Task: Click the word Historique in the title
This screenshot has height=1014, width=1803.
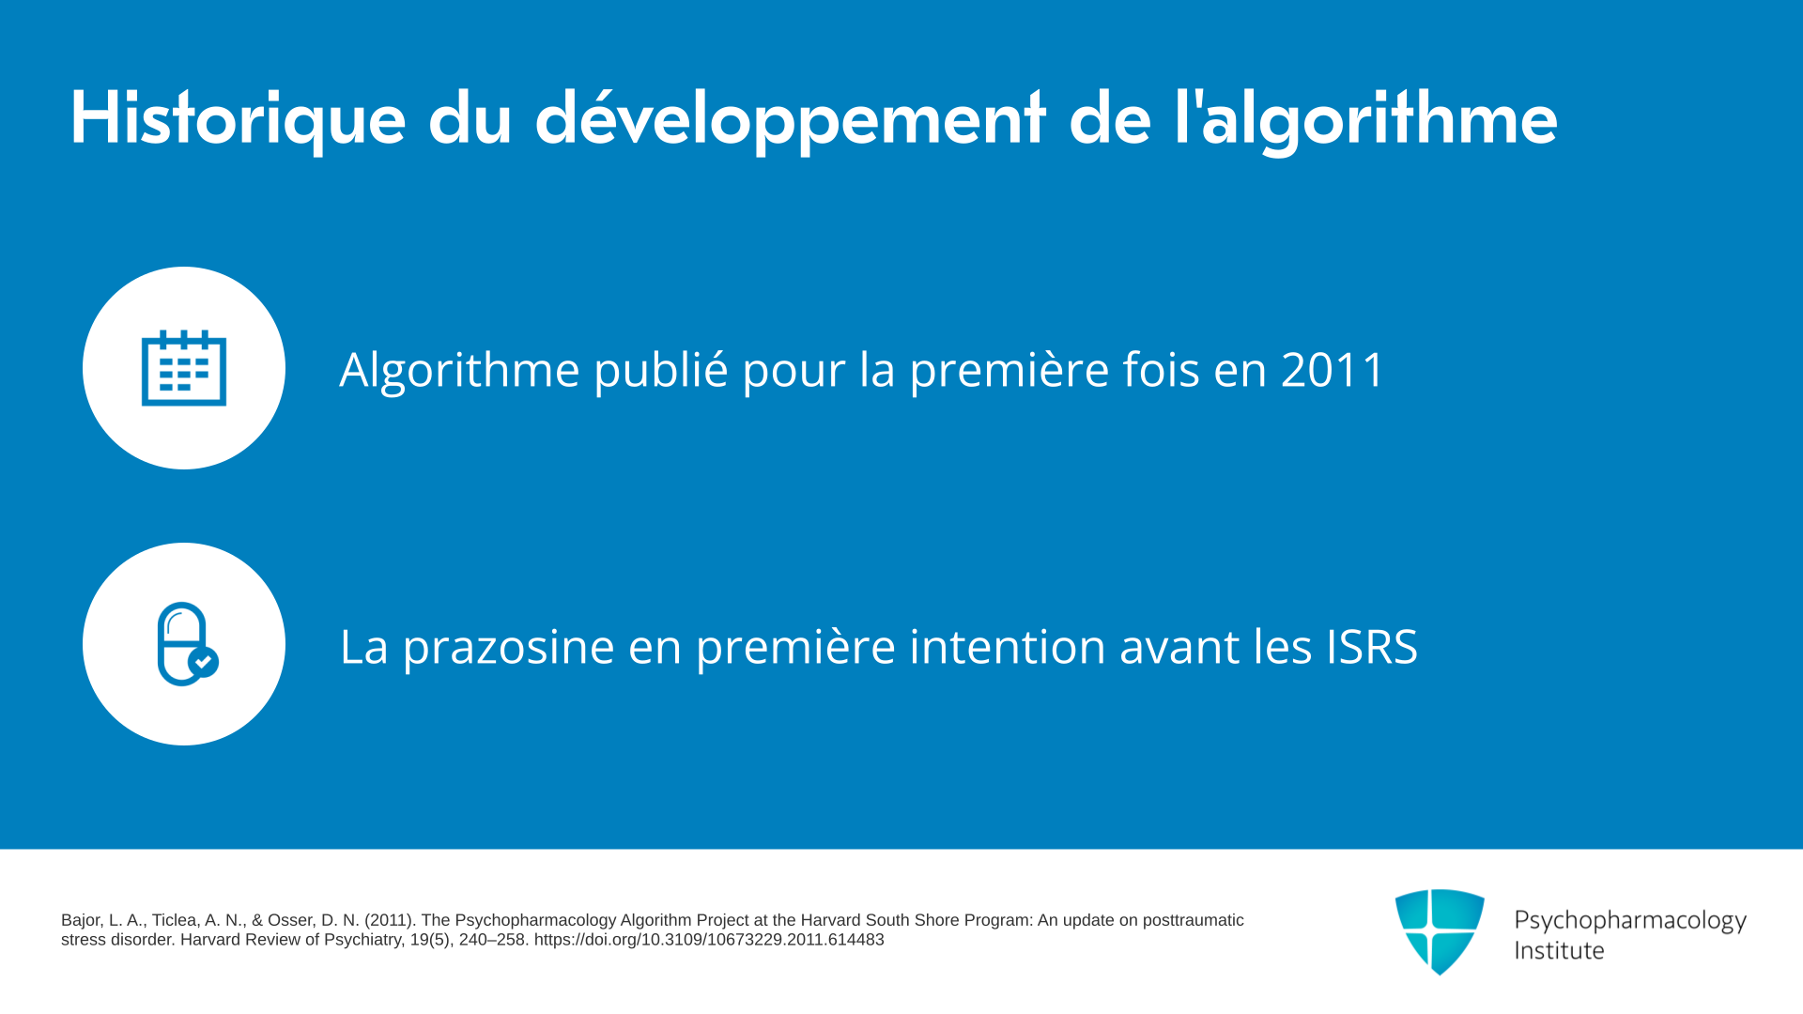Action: (x=239, y=119)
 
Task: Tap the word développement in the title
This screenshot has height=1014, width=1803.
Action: (x=790, y=119)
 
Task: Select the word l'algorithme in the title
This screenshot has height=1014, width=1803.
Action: (x=1366, y=119)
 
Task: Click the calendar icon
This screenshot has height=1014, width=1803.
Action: (x=184, y=368)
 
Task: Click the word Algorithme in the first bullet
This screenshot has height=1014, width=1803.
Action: (x=459, y=369)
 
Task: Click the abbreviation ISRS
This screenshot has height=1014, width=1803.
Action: (x=1372, y=647)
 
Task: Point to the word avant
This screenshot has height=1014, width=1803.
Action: (x=1180, y=648)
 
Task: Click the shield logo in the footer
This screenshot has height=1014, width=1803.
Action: (x=1440, y=931)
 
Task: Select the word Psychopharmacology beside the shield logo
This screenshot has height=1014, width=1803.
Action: (x=1630, y=921)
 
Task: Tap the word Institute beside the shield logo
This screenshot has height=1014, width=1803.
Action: (x=1559, y=950)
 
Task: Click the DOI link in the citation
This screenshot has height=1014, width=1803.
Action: (x=709, y=940)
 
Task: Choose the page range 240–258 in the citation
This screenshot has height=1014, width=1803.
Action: (x=492, y=940)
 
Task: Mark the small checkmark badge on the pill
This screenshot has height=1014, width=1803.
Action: (x=204, y=662)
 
